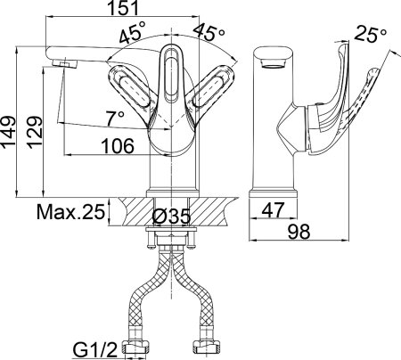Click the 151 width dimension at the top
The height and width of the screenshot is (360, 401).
[123, 7]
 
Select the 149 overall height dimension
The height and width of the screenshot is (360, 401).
[8, 132]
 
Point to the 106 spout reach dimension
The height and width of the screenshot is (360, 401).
[118, 146]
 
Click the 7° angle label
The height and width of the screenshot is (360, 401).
[115, 119]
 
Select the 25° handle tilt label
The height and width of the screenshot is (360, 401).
[371, 34]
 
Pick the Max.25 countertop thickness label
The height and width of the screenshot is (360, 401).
[71, 212]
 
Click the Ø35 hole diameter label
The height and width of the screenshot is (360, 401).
[171, 217]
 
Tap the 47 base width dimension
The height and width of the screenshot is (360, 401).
[273, 209]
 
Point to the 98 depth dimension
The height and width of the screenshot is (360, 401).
[299, 231]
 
